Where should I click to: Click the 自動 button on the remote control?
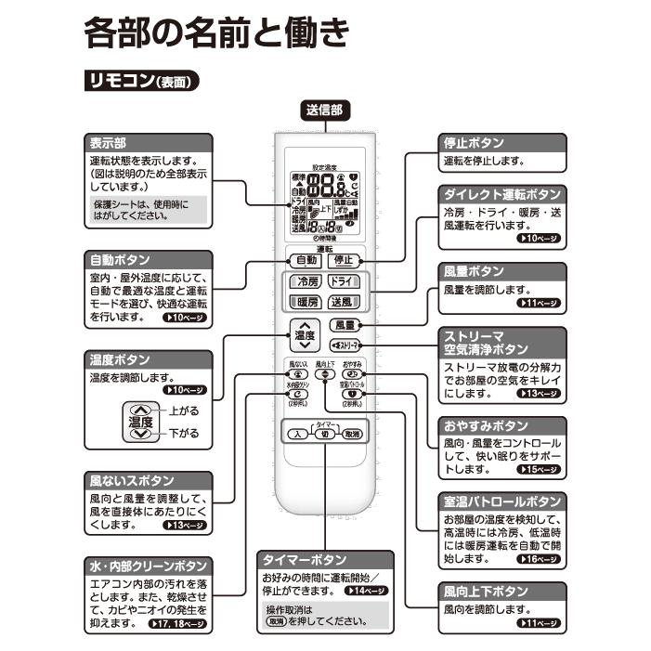tap(306, 260)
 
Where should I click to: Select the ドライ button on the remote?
tap(344, 281)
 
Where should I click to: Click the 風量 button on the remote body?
tap(345, 325)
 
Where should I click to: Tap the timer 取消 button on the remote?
tap(351, 434)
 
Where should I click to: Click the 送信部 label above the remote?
tap(324, 110)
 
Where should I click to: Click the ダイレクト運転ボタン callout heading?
tap(502, 194)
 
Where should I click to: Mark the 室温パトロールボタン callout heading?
tap(502, 501)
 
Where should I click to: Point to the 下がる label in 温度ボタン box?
tap(184, 433)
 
